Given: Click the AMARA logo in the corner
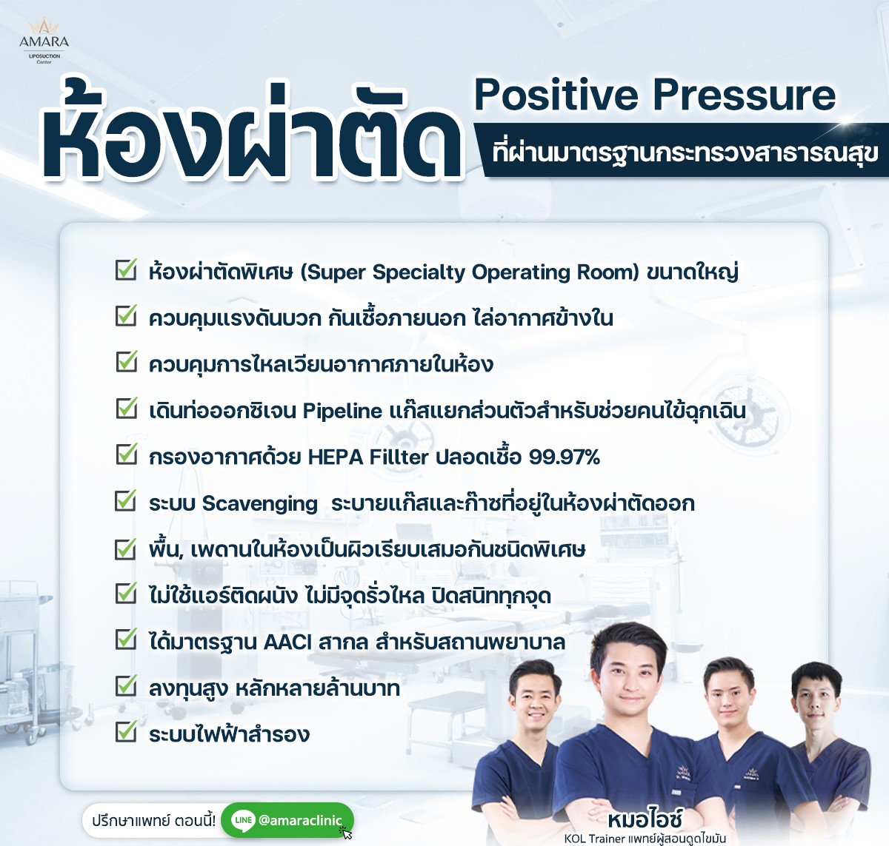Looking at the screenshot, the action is click(44, 41).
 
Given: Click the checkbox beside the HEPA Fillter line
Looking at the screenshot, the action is click(126, 454).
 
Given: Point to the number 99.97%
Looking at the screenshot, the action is click(565, 457).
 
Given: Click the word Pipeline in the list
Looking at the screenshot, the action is click(342, 412).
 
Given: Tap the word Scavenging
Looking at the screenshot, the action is click(259, 504).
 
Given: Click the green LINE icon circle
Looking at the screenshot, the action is click(243, 820).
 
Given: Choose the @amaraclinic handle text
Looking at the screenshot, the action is click(300, 820).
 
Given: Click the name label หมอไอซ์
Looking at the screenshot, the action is click(645, 819).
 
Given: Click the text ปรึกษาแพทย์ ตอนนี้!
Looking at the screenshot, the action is click(154, 820).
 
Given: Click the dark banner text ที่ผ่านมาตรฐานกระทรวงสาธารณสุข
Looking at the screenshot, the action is click(685, 152).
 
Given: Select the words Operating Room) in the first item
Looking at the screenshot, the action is click(556, 272).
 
